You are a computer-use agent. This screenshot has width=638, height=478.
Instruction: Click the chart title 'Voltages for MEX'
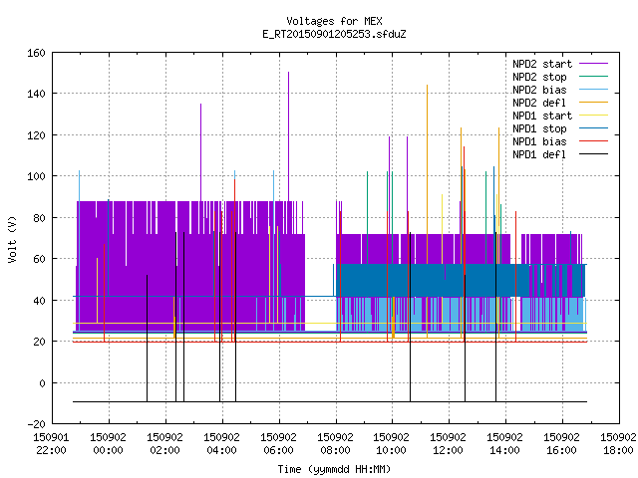(x=334, y=21)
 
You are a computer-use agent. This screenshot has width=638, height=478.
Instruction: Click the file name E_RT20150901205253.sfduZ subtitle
(x=334, y=34)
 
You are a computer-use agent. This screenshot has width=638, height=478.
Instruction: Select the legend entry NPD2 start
(x=542, y=64)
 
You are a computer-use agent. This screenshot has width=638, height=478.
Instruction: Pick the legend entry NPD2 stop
(x=539, y=77)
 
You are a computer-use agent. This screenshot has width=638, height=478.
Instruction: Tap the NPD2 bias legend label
(x=539, y=90)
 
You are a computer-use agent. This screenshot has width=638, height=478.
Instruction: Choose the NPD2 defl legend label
(x=539, y=103)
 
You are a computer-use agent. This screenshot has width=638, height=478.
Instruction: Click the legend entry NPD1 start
(x=542, y=116)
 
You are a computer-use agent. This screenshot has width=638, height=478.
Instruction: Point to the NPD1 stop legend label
(x=539, y=128)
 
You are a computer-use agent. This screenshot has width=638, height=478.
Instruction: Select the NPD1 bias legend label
(x=539, y=141)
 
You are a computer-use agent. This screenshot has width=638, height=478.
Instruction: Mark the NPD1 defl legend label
(x=539, y=155)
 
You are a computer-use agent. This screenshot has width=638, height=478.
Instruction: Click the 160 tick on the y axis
(x=36, y=53)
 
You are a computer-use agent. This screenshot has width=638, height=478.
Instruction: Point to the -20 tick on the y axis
(x=36, y=424)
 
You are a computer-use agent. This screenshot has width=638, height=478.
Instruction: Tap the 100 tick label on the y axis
(x=36, y=176)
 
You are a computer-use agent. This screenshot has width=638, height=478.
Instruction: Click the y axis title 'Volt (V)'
(x=13, y=239)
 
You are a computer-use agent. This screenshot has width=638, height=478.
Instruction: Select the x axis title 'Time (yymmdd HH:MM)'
(x=334, y=469)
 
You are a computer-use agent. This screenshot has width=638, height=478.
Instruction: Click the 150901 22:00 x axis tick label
(x=51, y=444)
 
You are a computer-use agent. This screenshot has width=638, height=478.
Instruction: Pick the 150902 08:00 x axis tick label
(x=335, y=444)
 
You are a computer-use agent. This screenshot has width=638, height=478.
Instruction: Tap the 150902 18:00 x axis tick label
(x=618, y=444)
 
